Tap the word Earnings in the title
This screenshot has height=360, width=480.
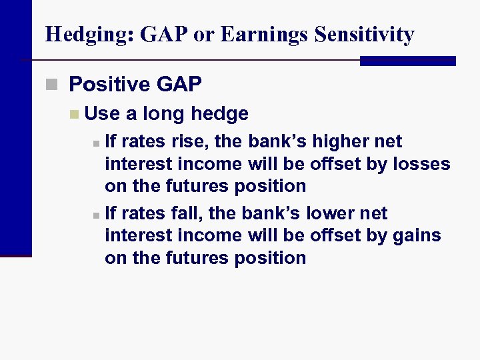click(256, 35)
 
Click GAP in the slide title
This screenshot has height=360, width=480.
click(163, 35)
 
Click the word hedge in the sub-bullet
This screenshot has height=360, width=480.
click(219, 114)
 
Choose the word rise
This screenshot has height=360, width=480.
click(189, 141)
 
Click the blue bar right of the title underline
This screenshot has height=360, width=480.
click(407, 61)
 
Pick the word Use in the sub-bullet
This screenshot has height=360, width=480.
click(102, 114)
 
